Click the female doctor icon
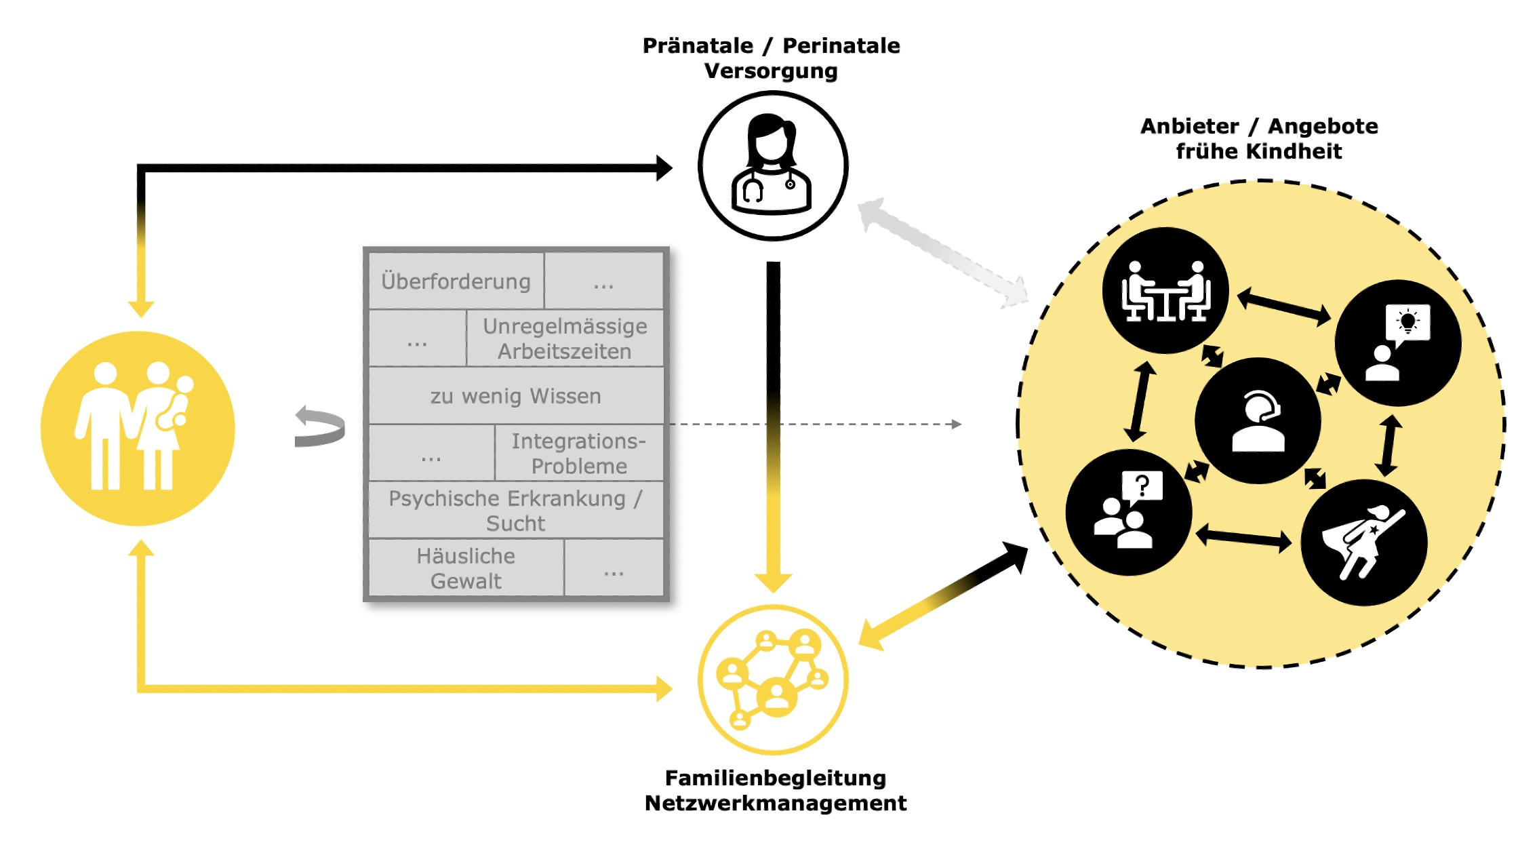[773, 166]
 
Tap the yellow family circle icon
[138, 428]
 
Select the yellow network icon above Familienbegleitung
[773, 679]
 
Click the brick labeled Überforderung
[456, 281]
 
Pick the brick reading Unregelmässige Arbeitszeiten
[565, 338]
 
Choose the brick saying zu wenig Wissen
[515, 396]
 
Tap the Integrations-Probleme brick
[579, 453]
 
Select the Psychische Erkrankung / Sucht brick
[515, 510]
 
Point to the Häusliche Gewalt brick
[466, 568]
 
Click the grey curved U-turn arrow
[319, 427]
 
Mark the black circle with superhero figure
[1364, 542]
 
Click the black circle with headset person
[1258, 420]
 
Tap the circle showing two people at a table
[1165, 290]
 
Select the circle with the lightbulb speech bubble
[1397, 343]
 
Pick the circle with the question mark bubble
[1129, 512]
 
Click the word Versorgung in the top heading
[771, 71]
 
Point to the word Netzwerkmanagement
[775, 804]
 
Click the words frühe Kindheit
[1258, 151]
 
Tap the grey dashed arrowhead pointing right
[957, 424]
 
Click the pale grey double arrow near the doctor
[942, 252]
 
